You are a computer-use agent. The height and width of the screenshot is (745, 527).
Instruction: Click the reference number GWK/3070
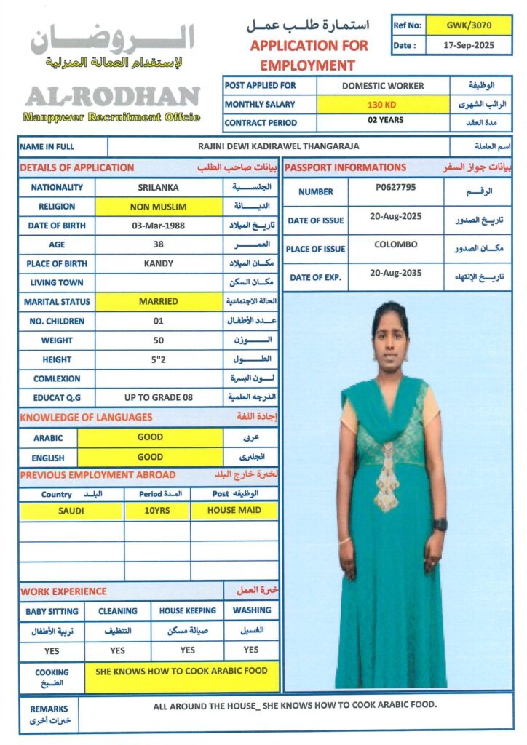coord(469,25)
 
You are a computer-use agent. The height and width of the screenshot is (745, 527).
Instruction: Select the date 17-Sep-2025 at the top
coord(469,45)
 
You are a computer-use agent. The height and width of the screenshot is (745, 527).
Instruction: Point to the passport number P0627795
coord(395,187)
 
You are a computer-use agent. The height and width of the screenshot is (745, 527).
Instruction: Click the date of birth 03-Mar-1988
coord(158,226)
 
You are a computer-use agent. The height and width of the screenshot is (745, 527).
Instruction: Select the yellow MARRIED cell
coord(158,301)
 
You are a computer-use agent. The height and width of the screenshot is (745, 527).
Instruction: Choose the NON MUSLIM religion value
coord(158,207)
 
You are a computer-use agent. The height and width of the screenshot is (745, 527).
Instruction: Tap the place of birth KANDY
coord(158,263)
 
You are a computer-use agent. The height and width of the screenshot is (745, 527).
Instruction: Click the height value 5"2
coord(158,359)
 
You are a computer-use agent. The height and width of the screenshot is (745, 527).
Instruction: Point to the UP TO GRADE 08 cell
coord(158,397)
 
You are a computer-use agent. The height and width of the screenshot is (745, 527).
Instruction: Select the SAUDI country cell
coord(71,511)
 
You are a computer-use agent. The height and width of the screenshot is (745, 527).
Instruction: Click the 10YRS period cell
coord(156,511)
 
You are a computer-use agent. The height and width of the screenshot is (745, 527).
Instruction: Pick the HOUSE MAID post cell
coord(234,511)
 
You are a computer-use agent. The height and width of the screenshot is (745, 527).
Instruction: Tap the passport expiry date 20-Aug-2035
coord(395,273)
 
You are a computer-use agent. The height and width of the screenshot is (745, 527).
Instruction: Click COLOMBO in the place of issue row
coord(395,244)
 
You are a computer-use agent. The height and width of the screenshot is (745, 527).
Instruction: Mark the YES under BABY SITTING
coord(52,650)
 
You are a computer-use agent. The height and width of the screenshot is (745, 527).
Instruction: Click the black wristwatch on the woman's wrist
coord(440,524)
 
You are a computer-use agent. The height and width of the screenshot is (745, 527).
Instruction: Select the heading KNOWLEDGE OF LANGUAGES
coord(86,418)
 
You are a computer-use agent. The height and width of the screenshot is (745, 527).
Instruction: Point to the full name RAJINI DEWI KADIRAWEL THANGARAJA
coord(278,146)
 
